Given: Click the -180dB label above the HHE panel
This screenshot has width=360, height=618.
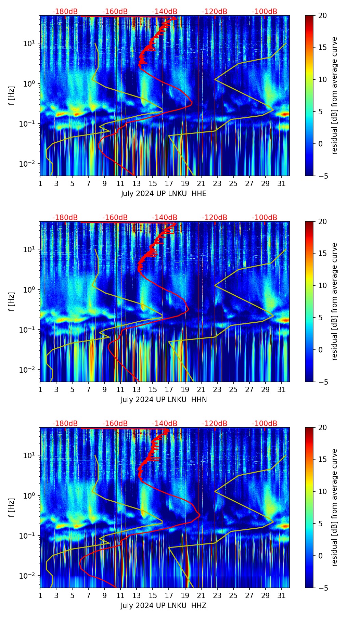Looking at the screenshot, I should click(65, 12).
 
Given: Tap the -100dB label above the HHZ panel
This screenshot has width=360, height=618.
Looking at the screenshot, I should click(265, 424).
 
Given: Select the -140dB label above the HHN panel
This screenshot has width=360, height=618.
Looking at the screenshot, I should click(165, 218).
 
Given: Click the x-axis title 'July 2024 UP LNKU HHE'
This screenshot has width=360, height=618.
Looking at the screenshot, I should click(164, 194).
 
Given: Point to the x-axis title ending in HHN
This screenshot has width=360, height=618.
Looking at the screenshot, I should click(164, 400).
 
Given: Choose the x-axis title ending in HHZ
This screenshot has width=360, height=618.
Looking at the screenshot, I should click(164, 606).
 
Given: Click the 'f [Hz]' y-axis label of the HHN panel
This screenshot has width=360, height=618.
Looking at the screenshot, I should click(12, 302).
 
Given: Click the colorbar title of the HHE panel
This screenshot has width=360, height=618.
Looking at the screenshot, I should click(335, 96).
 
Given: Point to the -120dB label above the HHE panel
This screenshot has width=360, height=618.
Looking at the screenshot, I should click(215, 12).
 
